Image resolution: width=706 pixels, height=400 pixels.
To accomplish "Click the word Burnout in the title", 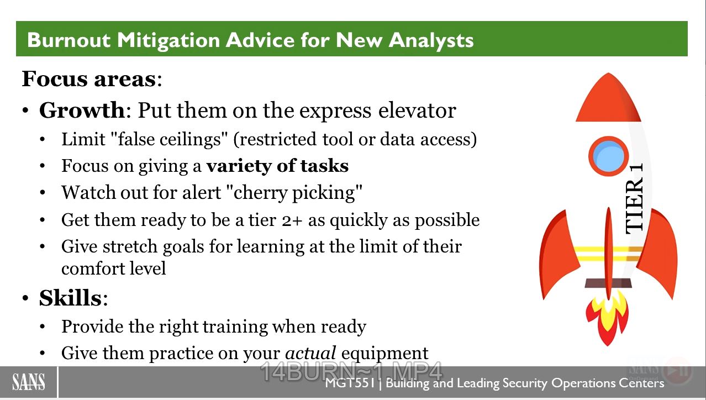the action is (69, 40).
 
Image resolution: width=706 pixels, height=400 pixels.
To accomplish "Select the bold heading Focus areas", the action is (88, 79).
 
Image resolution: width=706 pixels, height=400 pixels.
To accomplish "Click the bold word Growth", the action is (82, 110).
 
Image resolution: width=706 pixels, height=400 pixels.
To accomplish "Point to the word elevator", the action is (417, 111).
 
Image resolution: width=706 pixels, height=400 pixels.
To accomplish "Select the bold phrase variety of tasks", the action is (277, 166).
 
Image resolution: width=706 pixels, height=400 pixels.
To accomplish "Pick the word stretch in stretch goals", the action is (129, 246).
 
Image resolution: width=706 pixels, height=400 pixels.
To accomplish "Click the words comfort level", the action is (113, 269).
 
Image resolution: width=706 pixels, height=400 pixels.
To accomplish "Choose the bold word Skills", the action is (70, 298).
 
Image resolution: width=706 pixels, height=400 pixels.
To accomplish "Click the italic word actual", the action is (310, 353).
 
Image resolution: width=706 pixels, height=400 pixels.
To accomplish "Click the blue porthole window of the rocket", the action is (608, 156).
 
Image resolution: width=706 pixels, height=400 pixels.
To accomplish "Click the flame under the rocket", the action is (607, 318).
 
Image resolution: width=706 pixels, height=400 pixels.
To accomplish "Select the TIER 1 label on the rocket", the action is (634, 198).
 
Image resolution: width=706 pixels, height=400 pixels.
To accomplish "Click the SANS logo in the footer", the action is (28, 382).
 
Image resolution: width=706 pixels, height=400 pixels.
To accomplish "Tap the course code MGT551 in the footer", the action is (350, 383).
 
